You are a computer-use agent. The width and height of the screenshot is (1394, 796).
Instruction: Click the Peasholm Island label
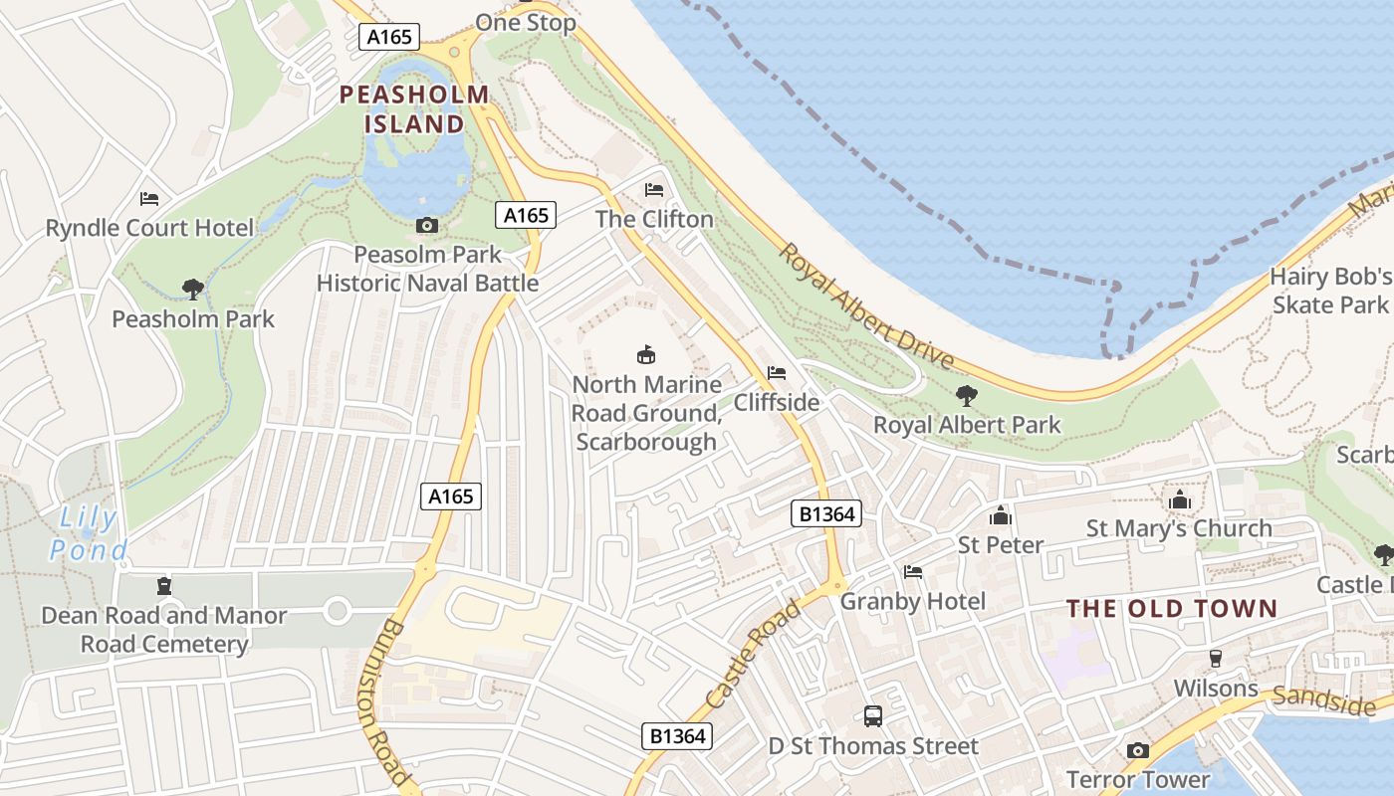coord(414,109)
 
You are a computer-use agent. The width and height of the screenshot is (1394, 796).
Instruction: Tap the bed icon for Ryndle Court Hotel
coord(149,199)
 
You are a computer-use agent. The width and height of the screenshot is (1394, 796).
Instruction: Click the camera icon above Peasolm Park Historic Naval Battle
coord(427,226)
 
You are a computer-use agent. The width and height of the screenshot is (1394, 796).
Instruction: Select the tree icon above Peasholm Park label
coord(193,290)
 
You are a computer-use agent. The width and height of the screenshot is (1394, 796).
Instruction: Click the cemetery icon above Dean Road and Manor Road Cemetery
coord(164,586)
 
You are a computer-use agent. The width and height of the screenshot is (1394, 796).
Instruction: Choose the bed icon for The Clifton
coord(654,190)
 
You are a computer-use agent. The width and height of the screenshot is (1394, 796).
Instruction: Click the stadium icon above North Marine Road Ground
coord(646,354)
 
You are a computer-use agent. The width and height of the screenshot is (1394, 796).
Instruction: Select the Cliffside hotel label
coord(777,402)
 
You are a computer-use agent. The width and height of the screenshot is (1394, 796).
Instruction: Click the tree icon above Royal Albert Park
coord(966,396)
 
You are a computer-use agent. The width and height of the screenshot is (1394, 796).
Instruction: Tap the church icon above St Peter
coord(1001,515)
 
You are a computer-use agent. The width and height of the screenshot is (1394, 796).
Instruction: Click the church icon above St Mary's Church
coord(1180,499)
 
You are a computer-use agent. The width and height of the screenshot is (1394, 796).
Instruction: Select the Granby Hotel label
coord(913,601)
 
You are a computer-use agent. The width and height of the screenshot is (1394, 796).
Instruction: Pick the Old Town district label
coord(1172,608)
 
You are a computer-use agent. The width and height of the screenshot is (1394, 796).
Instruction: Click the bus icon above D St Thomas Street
coord(873,715)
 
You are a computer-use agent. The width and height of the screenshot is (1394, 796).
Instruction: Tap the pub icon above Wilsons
coord(1215,659)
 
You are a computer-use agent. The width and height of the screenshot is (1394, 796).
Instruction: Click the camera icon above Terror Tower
coord(1138,750)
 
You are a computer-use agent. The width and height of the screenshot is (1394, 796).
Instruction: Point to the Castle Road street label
coord(753,655)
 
